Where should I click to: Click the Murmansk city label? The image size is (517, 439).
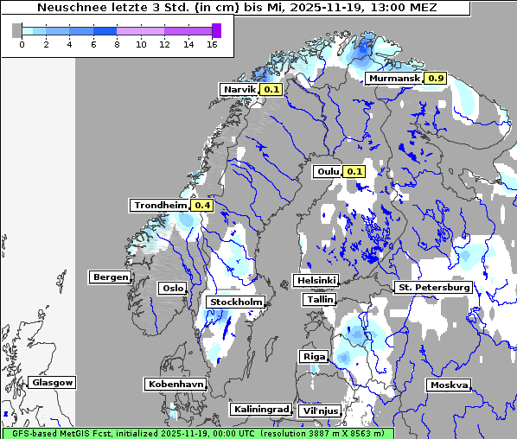click(x=394, y=79)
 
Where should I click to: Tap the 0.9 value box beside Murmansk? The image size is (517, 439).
click(x=435, y=79)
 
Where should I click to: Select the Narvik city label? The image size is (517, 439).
click(x=239, y=89)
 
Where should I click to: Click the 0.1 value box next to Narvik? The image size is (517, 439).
click(x=271, y=89)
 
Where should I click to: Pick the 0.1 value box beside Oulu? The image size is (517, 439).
click(x=354, y=171)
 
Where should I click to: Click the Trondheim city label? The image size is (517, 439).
click(x=160, y=205)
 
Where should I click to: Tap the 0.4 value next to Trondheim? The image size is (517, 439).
click(x=201, y=205)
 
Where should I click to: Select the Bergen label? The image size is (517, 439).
click(x=110, y=277)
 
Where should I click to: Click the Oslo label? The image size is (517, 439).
click(x=172, y=288)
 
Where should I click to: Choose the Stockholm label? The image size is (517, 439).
click(x=235, y=302)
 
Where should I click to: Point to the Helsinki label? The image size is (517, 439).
click(x=315, y=281)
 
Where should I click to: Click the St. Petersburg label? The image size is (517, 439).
click(x=432, y=287)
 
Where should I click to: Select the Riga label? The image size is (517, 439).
click(x=313, y=356)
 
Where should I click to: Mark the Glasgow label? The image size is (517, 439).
click(x=52, y=382)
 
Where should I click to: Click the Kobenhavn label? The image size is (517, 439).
click(x=175, y=384)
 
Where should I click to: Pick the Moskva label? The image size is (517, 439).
click(x=449, y=385)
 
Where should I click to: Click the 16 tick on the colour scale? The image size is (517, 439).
click(x=211, y=45)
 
